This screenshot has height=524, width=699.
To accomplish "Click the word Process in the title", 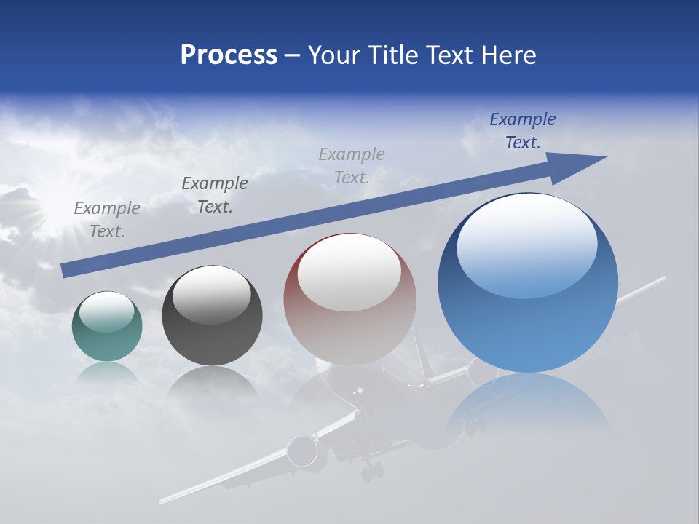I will [229, 55].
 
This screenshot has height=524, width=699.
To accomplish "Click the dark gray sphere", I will [212, 316].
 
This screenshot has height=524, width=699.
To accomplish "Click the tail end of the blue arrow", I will [64, 271].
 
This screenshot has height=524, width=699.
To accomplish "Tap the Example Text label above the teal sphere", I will [107, 220].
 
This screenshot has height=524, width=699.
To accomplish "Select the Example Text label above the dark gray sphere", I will [215, 195].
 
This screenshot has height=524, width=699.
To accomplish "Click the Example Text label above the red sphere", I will [352, 165].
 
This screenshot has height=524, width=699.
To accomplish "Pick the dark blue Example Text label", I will [523, 131].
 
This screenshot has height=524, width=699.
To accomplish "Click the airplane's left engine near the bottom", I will [303, 451].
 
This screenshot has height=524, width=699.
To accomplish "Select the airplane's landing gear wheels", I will [372, 471].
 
